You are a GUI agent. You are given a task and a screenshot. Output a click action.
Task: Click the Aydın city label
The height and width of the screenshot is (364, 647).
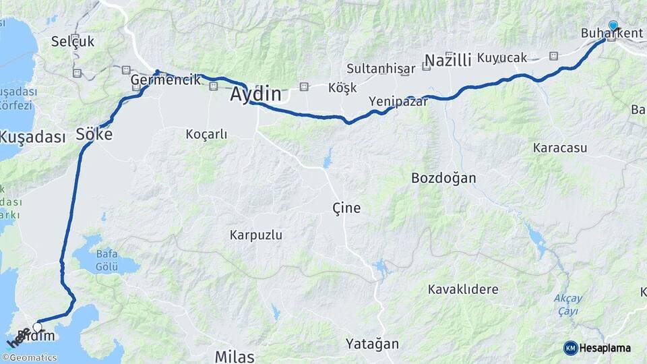pos(255,94)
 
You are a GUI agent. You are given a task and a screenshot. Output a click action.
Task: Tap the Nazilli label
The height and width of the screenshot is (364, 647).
pos(448,61)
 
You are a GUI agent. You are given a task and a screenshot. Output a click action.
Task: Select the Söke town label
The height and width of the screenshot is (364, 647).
pos(94,133)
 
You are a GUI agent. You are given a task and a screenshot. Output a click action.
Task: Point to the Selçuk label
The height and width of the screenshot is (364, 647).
pos(73,42)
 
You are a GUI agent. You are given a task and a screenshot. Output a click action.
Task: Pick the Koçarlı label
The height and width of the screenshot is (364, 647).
pos(206,134)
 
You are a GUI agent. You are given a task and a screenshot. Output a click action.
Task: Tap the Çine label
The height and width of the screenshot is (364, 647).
pos(346,208)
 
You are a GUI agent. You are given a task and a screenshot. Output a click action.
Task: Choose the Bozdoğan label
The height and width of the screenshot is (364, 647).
pos(443,179)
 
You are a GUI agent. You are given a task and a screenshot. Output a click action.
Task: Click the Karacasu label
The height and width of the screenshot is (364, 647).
pos(559,148)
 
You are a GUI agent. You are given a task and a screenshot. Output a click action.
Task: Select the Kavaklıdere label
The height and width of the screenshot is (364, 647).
pos(463,290)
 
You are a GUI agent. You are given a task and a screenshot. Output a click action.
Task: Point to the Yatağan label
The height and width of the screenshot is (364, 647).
pos(372,344)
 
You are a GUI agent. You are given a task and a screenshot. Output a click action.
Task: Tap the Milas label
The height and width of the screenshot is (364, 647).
pos(235,357)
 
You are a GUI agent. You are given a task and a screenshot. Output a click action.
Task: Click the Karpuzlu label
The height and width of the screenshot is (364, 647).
pos(255,235)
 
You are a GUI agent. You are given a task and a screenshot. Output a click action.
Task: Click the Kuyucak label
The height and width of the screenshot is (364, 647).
pos(501,58)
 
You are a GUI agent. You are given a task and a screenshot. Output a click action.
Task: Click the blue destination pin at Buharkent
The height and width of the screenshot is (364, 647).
pos(613,26)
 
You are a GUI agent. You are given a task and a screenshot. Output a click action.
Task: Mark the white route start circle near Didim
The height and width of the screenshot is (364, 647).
pos(38,328)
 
